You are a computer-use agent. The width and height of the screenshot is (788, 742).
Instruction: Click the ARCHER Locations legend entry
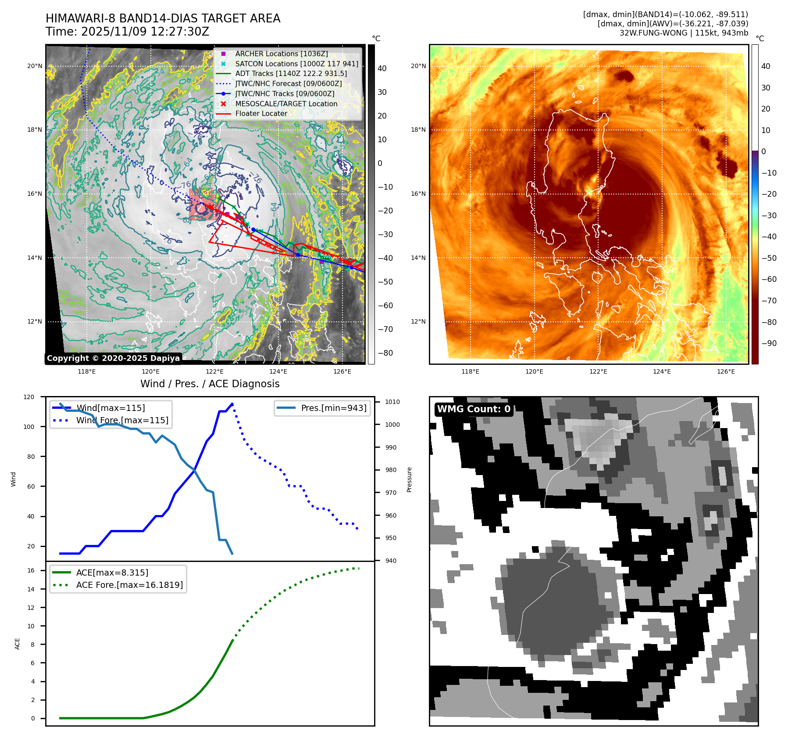coord(281,54)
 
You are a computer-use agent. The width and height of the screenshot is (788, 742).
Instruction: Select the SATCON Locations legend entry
coord(296,64)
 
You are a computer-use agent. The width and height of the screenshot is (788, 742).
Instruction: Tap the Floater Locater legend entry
coord(261,113)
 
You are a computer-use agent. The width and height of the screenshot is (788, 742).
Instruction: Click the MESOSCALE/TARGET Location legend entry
coord(286,104)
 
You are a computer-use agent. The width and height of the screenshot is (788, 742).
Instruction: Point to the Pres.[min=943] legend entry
coord(333,408)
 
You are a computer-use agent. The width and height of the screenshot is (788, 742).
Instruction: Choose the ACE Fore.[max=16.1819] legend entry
coord(129,585)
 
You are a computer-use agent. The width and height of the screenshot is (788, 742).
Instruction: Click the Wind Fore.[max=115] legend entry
coord(122,420)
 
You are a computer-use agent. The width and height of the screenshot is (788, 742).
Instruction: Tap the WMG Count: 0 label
coord(474,409)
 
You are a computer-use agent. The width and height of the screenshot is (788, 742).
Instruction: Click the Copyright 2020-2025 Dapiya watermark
coord(113,358)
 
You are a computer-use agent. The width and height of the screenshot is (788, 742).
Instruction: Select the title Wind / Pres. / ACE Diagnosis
coord(210,384)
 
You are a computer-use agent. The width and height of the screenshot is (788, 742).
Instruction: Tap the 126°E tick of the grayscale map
coord(342,371)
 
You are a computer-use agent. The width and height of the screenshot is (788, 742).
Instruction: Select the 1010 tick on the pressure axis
coord(392,402)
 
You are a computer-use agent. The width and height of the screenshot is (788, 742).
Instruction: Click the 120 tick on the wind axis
coord(29,397)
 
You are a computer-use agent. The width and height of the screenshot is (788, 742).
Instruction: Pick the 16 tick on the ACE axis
coord(31,570)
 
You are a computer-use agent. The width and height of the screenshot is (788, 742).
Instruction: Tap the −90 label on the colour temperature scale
coord(769,343)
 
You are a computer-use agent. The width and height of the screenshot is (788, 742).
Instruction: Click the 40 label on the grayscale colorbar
coord(382,68)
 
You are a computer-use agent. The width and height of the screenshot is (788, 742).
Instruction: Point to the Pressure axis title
coord(409,479)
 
